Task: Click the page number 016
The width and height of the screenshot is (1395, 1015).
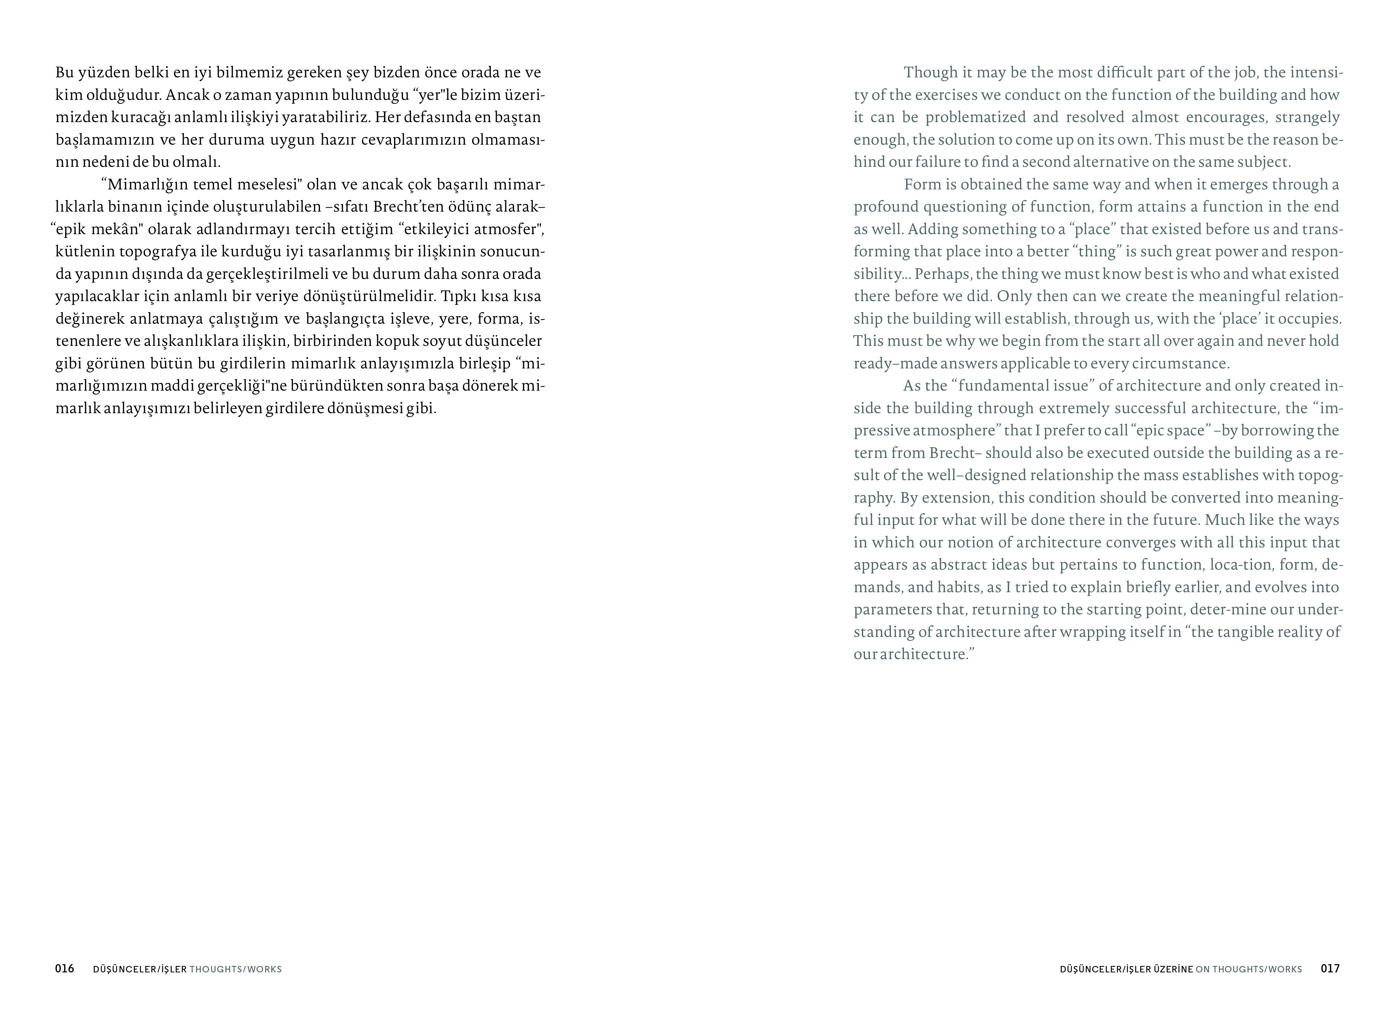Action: click(64, 968)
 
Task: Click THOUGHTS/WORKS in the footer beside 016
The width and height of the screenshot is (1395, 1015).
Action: click(235, 969)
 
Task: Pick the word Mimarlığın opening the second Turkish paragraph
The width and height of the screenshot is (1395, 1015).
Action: click(147, 184)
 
